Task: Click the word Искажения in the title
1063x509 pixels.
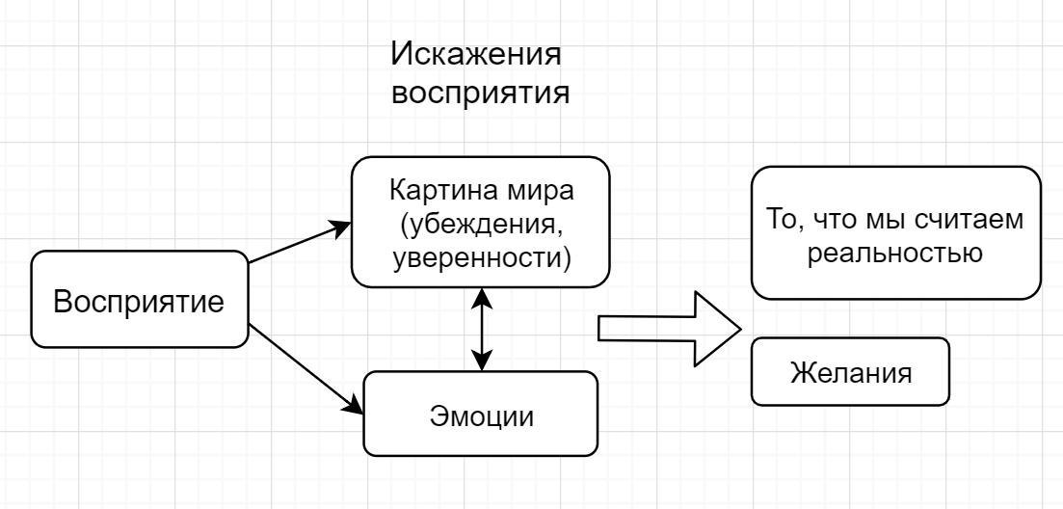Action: [476, 55]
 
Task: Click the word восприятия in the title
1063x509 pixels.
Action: [476, 95]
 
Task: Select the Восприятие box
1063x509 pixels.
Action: [138, 301]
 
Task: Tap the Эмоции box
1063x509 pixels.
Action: [480, 415]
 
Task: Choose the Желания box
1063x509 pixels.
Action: [850, 371]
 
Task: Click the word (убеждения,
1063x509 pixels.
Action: [480, 225]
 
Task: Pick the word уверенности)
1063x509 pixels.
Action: [480, 258]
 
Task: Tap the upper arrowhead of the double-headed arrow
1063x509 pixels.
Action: [481, 298]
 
